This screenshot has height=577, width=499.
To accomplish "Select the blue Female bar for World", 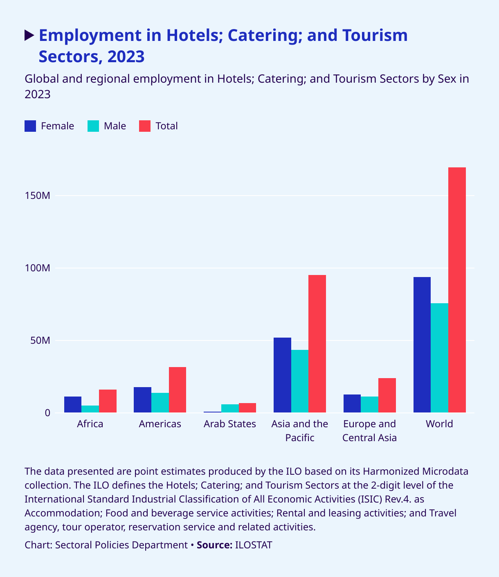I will [x=422, y=345].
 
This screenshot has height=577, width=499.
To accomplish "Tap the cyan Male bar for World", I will [x=439, y=358].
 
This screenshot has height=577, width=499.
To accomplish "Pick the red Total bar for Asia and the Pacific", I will [x=317, y=344].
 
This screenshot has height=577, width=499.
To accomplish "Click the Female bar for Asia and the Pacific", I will [x=282, y=375].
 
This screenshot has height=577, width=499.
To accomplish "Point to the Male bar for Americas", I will [x=160, y=403].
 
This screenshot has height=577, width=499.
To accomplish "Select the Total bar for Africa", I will [x=108, y=401].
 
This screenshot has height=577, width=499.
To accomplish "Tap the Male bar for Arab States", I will [x=230, y=408].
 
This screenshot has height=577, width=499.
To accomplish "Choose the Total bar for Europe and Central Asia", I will [x=387, y=395].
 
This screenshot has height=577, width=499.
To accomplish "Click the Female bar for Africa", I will [x=73, y=404].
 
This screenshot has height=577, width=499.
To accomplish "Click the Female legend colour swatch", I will [x=31, y=126].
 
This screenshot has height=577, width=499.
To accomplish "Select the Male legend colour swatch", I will [x=93, y=126].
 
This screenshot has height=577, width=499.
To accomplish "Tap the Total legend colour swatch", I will [x=145, y=126].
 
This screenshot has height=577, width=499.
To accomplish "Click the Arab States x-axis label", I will [x=230, y=424].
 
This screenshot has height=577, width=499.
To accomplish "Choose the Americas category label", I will [x=160, y=424].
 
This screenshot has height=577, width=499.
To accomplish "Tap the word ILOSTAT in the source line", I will [x=254, y=545].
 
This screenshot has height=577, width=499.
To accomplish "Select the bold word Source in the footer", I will [x=214, y=545].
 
